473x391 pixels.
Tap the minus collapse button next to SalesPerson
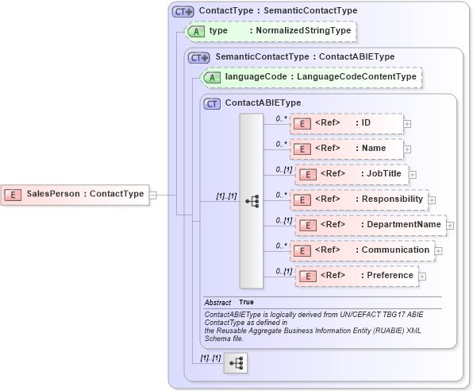pyautogui.click(x=153, y=194)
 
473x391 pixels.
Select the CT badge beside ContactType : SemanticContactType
pyautogui.click(x=183, y=11)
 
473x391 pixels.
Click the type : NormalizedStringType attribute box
pyautogui.click(x=270, y=31)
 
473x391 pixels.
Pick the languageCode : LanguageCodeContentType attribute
pyautogui.click(x=312, y=77)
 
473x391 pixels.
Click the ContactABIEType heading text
pyautogui.click(x=263, y=103)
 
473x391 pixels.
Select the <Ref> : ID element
pyautogui.click(x=347, y=123)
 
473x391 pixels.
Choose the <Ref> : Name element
pyautogui.click(x=347, y=149)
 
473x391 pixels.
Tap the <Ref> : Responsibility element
pyautogui.click(x=359, y=199)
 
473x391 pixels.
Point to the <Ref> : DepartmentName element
pyautogui.click(x=370, y=225)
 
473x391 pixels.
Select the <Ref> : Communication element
pyautogui.click(x=361, y=250)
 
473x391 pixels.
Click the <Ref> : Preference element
pyautogui.click(x=356, y=276)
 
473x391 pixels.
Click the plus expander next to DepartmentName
pyautogui.click(x=450, y=226)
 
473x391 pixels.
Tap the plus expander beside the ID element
pyautogui.click(x=407, y=124)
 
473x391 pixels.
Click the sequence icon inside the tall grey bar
pyautogui.click(x=252, y=200)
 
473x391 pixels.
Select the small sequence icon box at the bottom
pyautogui.click(x=236, y=364)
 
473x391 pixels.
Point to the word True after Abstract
pyautogui.click(x=247, y=303)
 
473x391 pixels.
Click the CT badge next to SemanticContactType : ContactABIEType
pyautogui.click(x=199, y=57)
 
